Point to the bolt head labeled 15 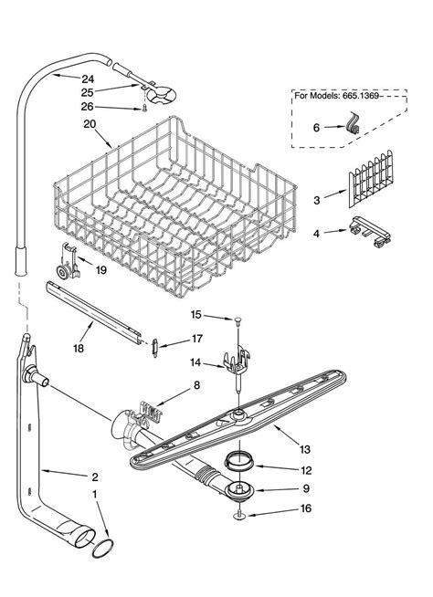(x=237, y=319)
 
